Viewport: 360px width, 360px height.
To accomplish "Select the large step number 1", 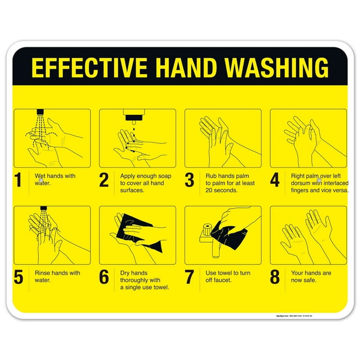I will click(x=19, y=180).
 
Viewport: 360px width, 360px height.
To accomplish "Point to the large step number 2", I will click(x=104, y=180).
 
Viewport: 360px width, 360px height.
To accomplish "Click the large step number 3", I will click(x=190, y=180).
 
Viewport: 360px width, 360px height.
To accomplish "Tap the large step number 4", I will click(x=275, y=180).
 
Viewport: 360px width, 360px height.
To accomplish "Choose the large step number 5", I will click(x=19, y=277).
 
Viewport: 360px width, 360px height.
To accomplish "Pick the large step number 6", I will click(x=104, y=277).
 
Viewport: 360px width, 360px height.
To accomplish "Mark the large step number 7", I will click(x=190, y=277).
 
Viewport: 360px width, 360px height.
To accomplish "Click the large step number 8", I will click(x=275, y=277).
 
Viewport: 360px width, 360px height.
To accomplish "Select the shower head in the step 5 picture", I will click(x=42, y=209).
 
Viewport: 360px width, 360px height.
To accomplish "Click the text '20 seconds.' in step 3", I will click(x=221, y=190).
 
